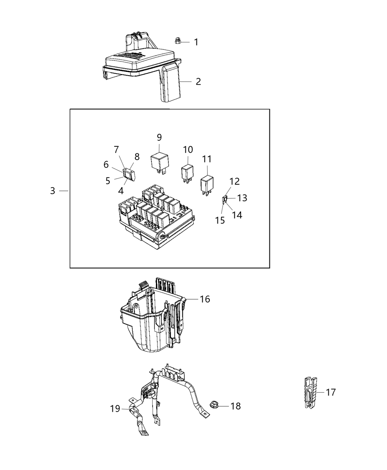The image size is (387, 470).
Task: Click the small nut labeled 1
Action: [x=177, y=41]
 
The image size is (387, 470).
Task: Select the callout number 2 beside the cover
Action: [x=198, y=81]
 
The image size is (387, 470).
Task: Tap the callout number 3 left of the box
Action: [x=53, y=191]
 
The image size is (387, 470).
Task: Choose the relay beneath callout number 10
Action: [x=187, y=173]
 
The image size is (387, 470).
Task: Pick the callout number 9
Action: [x=159, y=137]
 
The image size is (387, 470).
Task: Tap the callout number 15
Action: [x=220, y=220]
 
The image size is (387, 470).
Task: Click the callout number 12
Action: [x=235, y=181]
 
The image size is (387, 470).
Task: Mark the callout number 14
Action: [x=237, y=215]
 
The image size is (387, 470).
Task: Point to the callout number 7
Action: [x=116, y=150]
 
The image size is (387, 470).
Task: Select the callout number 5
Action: [x=108, y=181]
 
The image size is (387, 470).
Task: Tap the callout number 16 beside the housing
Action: [x=205, y=299]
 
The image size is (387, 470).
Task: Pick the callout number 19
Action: [x=115, y=408]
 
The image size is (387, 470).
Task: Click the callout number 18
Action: [x=236, y=406]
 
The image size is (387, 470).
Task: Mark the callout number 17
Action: [x=331, y=393]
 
